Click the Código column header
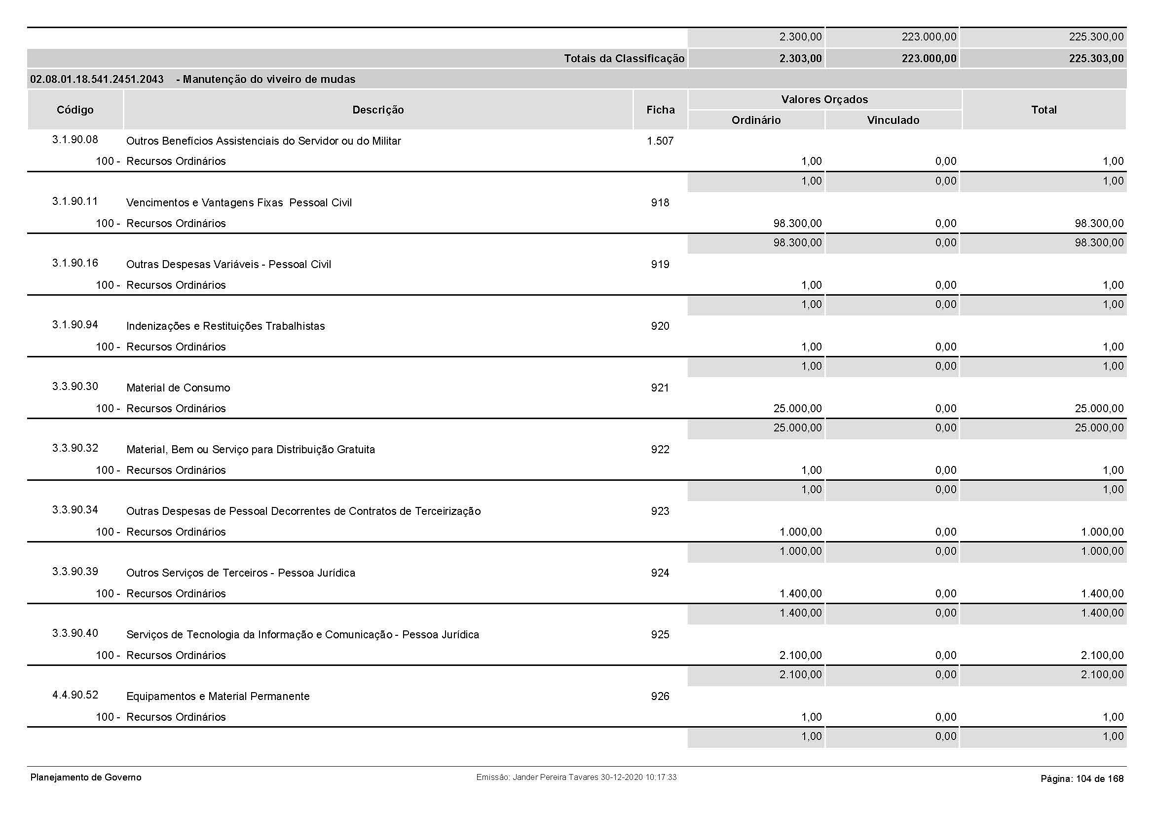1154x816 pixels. coord(75,110)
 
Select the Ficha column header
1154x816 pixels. coord(661,110)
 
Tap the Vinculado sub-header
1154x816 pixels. coord(893,120)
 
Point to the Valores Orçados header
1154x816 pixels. coord(824,100)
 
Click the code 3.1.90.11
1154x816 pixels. coord(75,201)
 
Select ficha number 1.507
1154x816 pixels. coord(660,141)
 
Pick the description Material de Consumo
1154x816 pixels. coord(178,388)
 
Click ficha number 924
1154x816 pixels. coord(660,573)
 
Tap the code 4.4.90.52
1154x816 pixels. coord(75,696)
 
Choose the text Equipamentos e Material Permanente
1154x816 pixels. coord(218,697)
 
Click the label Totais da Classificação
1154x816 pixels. coord(624,59)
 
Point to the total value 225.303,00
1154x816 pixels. coord(1096,59)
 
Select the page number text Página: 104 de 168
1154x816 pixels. coord(1081,779)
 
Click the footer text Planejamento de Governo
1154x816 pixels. coord(86,778)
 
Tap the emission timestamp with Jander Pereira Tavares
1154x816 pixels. coord(576,778)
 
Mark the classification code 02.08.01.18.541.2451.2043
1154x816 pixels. coord(97,79)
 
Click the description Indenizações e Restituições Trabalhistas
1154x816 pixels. coord(225,326)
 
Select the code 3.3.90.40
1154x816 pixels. coord(75,633)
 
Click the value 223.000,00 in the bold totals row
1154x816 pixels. coord(929,59)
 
